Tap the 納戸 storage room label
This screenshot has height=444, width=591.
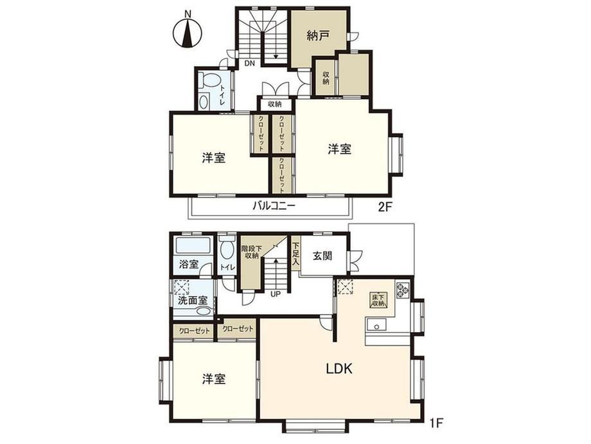319,36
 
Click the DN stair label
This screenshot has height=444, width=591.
249,64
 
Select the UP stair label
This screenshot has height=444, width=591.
276,293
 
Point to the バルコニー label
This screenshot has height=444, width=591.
274,206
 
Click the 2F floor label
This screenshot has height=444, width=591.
385,207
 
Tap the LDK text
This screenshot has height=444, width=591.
339,369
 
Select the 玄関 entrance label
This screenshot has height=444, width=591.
322,256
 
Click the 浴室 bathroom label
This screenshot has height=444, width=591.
188,264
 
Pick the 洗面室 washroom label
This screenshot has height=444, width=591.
193,301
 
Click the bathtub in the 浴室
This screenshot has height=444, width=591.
193,245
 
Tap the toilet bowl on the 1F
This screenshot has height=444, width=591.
227,249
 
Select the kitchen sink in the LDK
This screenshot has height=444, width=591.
376,325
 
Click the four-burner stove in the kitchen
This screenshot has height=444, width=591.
402,289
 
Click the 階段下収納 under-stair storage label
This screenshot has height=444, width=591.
251,252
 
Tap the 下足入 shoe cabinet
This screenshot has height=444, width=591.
296,254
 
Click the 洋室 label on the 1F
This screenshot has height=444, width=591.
214,379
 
